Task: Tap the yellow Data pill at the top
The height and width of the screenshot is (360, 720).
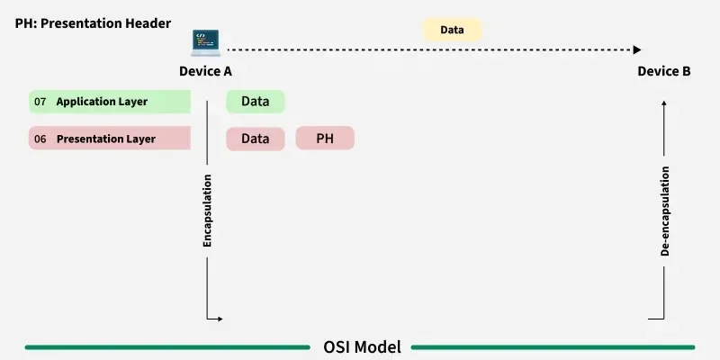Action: pyautogui.click(x=452, y=30)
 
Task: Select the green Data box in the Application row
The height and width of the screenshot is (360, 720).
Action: pyautogui.click(x=255, y=102)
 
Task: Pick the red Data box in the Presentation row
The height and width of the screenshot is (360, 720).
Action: pyautogui.click(x=255, y=139)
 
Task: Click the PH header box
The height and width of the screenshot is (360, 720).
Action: pyautogui.click(x=325, y=139)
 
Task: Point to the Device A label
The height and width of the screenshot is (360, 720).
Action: pyautogui.click(x=206, y=71)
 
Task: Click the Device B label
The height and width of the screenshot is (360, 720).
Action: pyautogui.click(x=664, y=71)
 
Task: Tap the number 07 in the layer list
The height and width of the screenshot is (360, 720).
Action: pyautogui.click(x=40, y=102)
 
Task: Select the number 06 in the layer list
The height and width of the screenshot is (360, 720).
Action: pyautogui.click(x=40, y=139)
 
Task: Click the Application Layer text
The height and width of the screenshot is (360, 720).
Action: pyautogui.click(x=102, y=102)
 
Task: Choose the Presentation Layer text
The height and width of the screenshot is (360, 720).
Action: pyautogui.click(x=106, y=139)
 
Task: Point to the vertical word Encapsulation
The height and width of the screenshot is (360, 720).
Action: pyautogui.click(x=207, y=211)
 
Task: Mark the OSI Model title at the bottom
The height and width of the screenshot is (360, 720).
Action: pyautogui.click(x=361, y=346)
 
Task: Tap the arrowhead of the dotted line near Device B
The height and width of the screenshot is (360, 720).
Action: pyautogui.click(x=637, y=49)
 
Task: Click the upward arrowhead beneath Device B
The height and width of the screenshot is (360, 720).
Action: pyautogui.click(x=664, y=103)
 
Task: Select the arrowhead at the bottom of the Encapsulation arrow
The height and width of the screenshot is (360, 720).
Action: pyautogui.click(x=218, y=319)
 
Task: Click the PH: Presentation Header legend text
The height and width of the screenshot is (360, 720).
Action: pyautogui.click(x=93, y=21)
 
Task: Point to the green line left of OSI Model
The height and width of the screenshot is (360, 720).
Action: pyautogui.click(x=166, y=346)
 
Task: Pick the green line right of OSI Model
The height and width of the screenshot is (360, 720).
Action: pyautogui.click(x=553, y=346)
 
